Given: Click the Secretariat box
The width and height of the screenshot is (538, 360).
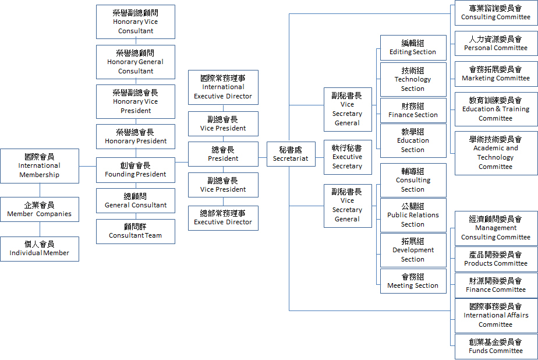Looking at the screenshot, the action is tap(291, 154).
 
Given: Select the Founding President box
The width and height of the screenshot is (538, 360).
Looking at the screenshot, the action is tap(136, 170).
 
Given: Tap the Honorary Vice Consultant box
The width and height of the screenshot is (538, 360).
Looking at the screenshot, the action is tap(136, 22).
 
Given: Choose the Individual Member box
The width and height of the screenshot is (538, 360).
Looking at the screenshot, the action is tap(40, 249).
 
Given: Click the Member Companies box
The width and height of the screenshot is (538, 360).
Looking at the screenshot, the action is tap(40, 209).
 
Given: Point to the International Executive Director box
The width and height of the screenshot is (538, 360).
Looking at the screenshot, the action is tap(223, 87).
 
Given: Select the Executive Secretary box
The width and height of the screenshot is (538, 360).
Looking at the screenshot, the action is tap(347, 157).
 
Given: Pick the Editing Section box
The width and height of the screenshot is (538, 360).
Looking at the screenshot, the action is tap(413, 48).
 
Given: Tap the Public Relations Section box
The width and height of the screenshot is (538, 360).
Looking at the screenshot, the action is tap(413, 215).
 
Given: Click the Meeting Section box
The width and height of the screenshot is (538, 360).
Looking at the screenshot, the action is tap(413, 281).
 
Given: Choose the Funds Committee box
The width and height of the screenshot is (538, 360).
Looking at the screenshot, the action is tap(496, 347).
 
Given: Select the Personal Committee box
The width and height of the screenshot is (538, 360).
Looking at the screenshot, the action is tap(496, 43).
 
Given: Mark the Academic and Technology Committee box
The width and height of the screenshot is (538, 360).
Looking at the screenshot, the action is tap(496, 153).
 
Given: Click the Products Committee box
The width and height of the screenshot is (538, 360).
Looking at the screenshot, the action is tap(496, 259).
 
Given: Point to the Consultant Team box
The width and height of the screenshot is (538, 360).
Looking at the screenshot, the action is tap(136, 232).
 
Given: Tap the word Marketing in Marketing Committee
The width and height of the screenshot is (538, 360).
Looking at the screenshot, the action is tap(478, 78).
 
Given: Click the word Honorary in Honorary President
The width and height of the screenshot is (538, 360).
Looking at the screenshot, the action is tap(119, 141).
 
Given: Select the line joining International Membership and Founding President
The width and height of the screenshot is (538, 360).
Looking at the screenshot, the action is tap(87, 166).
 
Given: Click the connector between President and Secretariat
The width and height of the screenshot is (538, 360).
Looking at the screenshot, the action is tap(263, 157).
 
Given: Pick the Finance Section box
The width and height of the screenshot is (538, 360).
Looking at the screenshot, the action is tap(413, 111).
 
